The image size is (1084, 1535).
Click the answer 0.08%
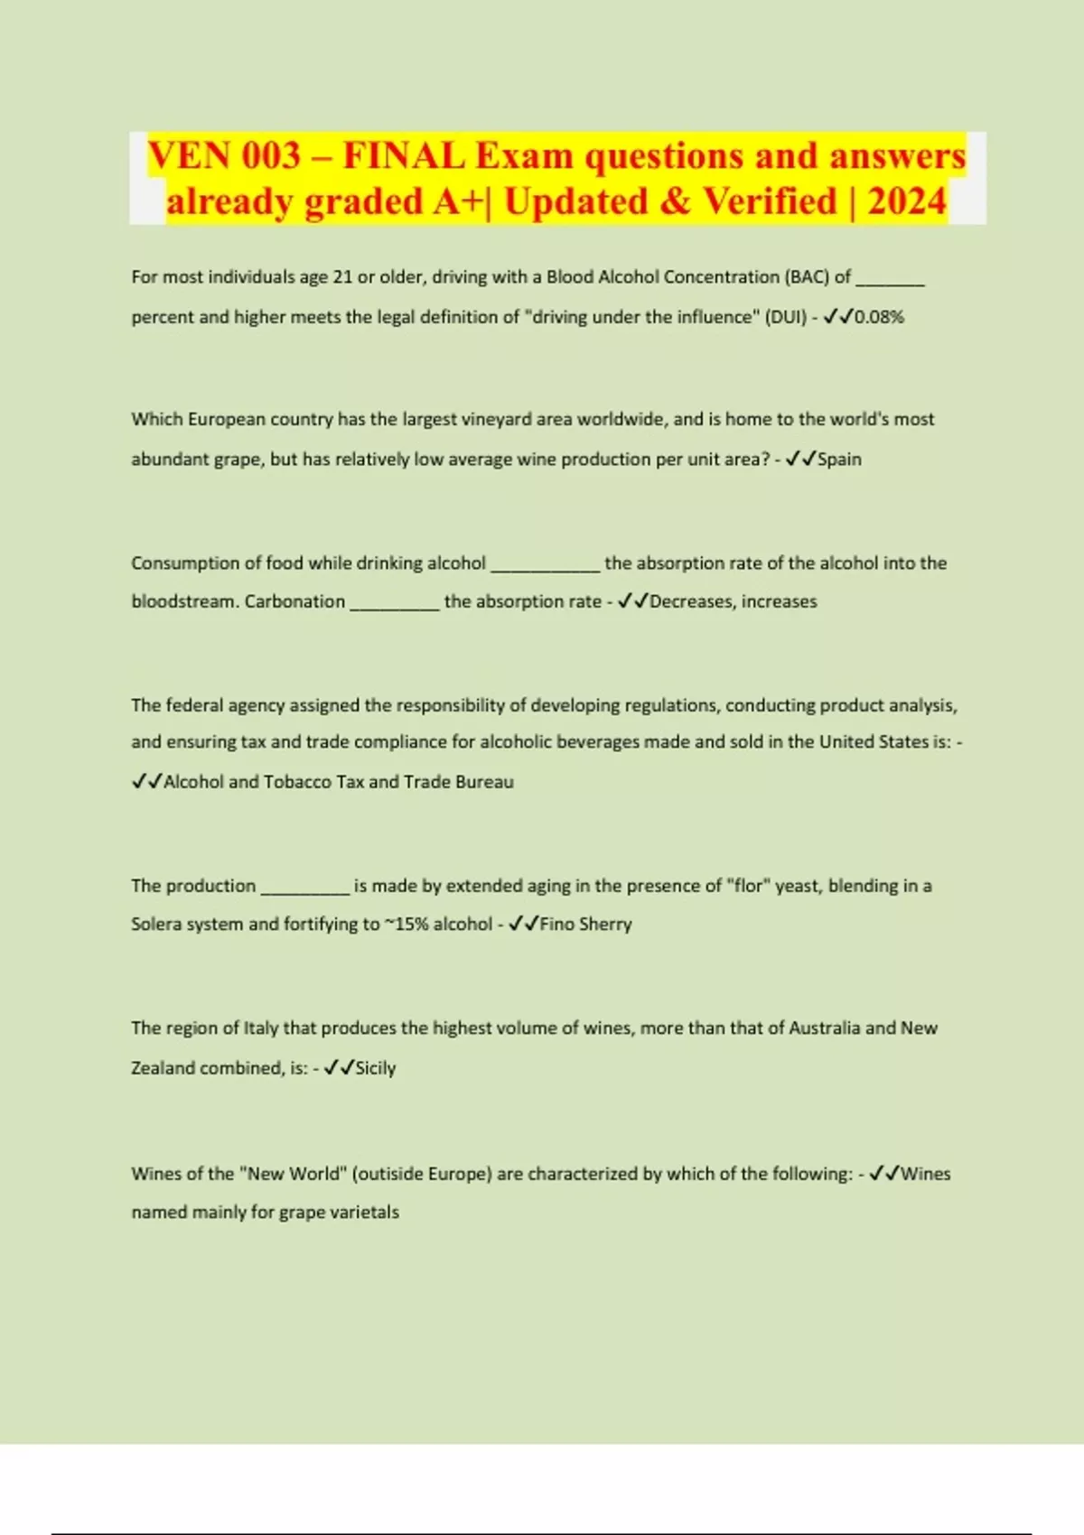click(879, 317)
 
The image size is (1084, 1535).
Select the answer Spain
click(839, 459)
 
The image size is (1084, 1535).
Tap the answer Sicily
click(376, 1068)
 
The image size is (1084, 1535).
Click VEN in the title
click(189, 155)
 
